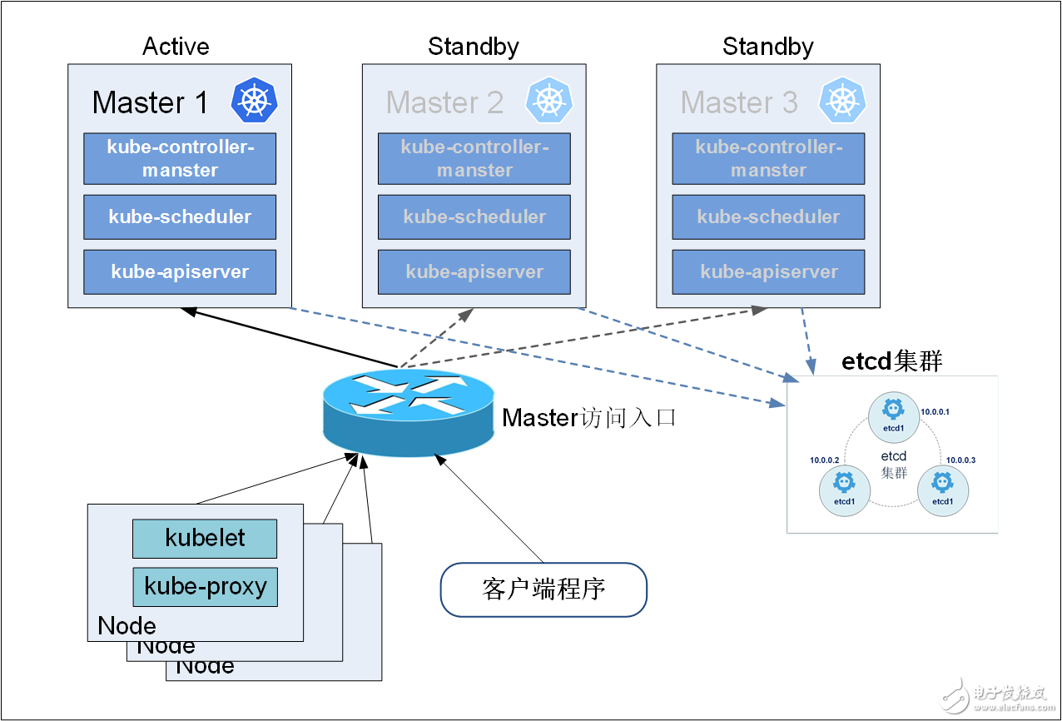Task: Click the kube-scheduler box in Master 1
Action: pyautogui.click(x=180, y=216)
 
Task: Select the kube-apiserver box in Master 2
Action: pyautogui.click(x=474, y=271)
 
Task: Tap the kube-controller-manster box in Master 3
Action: pyautogui.click(x=768, y=158)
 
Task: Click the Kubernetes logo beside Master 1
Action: pyautogui.click(x=254, y=101)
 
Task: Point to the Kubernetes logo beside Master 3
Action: pyautogui.click(x=842, y=101)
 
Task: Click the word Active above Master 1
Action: pyautogui.click(x=176, y=47)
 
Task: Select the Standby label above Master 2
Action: pyautogui.click(x=473, y=47)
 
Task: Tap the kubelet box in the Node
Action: pyautogui.click(x=205, y=538)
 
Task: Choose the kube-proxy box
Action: pyautogui.click(x=205, y=586)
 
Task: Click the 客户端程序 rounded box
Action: pyautogui.click(x=543, y=589)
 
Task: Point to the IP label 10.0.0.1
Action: pyautogui.click(x=935, y=412)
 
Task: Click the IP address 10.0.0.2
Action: pyautogui.click(x=825, y=460)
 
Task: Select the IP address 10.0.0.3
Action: pyautogui.click(x=960, y=460)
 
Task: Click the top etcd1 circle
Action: pyautogui.click(x=893, y=416)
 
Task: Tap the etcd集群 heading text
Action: pyautogui.click(x=891, y=361)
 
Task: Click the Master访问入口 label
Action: pyautogui.click(x=588, y=417)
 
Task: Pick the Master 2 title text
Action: pyautogui.click(x=444, y=102)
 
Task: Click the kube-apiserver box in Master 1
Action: pyautogui.click(x=180, y=271)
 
